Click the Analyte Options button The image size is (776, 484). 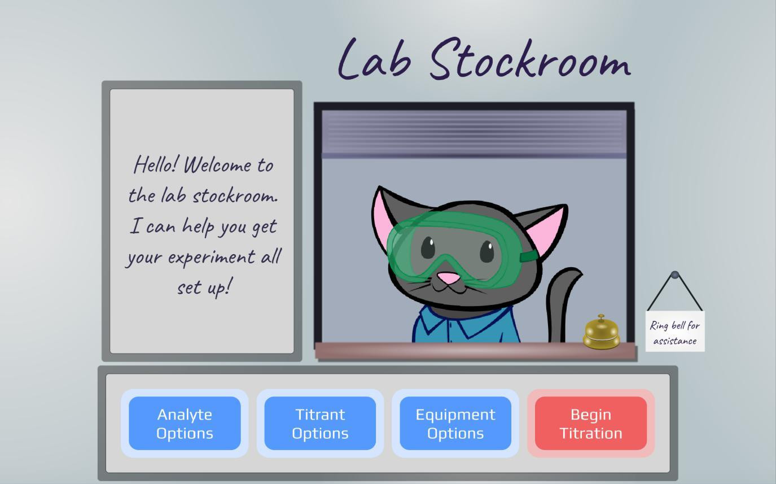point(185,424)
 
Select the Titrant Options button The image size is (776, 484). point(320,424)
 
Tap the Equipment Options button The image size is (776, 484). point(455,424)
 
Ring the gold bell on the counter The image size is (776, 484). point(601,333)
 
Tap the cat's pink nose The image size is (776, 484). point(449,278)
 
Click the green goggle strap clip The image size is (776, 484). point(529,257)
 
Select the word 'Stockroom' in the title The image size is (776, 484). point(530,61)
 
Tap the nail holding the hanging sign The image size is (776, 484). point(674,275)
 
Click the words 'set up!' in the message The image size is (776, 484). point(203,287)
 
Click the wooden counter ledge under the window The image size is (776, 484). point(474,351)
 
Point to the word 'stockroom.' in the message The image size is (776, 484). point(235,195)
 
